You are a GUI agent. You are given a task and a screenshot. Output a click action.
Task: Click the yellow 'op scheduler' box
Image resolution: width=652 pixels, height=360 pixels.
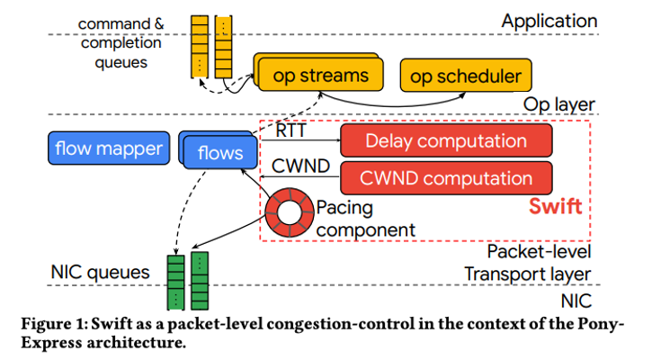pyautogui.click(x=466, y=76)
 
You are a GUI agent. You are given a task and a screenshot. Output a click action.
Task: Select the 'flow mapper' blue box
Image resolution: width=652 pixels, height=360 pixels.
pyautogui.click(x=109, y=148)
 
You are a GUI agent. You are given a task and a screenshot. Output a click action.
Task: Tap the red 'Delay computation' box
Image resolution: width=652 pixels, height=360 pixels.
pyautogui.click(x=446, y=140)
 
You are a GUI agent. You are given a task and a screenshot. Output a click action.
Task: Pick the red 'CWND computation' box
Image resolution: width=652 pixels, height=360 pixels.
pyautogui.click(x=446, y=178)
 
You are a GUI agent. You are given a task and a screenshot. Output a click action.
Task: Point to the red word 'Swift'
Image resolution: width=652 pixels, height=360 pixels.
pyautogui.click(x=555, y=206)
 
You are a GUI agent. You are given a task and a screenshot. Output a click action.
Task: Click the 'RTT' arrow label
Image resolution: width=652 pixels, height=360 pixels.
pyautogui.click(x=290, y=130)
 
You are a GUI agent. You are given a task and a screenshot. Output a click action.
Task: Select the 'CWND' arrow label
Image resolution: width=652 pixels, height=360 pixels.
pyautogui.click(x=300, y=166)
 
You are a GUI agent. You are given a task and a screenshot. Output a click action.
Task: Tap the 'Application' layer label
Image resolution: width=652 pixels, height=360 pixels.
pyautogui.click(x=549, y=22)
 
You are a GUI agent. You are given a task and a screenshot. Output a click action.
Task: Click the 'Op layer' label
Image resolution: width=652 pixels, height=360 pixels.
pyautogui.click(x=558, y=104)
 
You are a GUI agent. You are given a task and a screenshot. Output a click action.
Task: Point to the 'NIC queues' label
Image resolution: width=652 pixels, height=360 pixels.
pyautogui.click(x=100, y=272)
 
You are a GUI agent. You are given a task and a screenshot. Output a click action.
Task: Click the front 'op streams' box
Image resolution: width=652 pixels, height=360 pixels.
pyautogui.click(x=320, y=76)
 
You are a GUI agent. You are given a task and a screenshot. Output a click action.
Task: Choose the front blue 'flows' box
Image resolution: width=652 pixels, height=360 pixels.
pyautogui.click(x=220, y=153)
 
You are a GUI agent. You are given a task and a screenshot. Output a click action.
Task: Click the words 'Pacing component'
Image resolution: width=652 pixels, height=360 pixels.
pyautogui.click(x=365, y=219)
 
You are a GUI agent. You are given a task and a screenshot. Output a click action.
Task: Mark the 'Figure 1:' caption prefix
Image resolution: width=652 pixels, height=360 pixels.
pyautogui.click(x=55, y=324)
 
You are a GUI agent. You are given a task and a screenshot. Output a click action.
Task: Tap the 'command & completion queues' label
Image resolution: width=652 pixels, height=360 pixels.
pyautogui.click(x=121, y=43)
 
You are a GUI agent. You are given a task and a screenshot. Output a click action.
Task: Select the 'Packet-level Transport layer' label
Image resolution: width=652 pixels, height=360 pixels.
pyautogui.click(x=528, y=263)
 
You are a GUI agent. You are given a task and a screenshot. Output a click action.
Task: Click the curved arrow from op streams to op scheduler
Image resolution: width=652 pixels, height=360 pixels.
pyautogui.click(x=393, y=105)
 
